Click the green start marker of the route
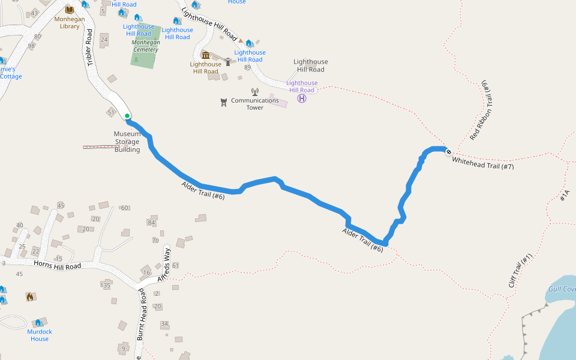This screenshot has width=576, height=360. pos(127,116)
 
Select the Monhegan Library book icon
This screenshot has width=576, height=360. pos(69,10)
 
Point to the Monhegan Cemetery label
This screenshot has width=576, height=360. pos(145,46)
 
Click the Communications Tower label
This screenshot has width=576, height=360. pos(255,104)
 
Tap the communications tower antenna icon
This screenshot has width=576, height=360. pos(254,92)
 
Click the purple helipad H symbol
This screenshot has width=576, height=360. pos(302,98)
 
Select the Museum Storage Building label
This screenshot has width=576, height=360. pos(127,142)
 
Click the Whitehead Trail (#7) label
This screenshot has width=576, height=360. pos(483,163)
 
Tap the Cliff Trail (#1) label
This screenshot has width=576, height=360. pos(520,271)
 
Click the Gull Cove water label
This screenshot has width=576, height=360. pos(562,289)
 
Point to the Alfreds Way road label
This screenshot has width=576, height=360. pos(164,266)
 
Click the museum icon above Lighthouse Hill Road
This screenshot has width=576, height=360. pos(206,55)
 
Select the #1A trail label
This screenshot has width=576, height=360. pos(564,196)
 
